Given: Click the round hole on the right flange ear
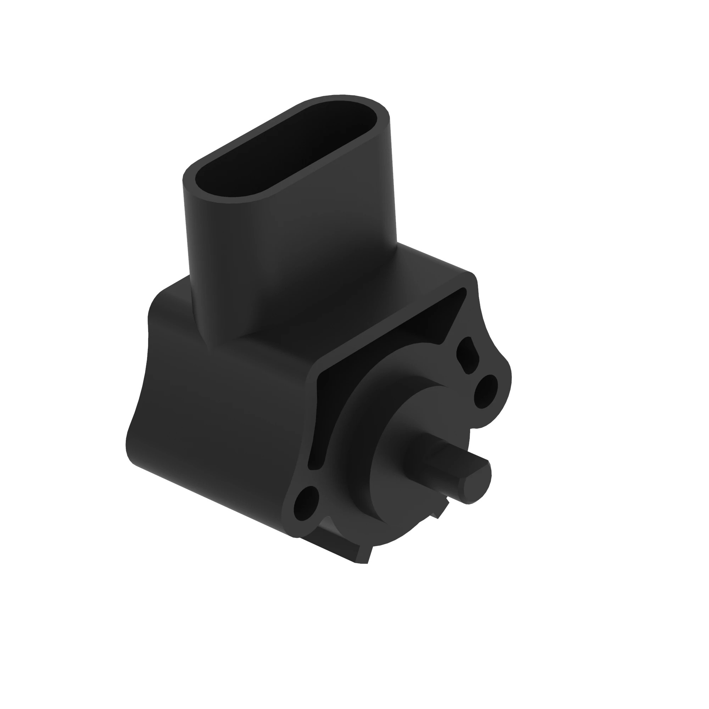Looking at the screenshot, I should coord(486,392).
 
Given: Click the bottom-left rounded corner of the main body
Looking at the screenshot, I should coord(134,455).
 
